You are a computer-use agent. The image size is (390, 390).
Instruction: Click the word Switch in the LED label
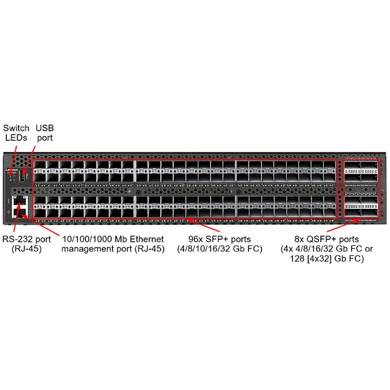coord(16,128)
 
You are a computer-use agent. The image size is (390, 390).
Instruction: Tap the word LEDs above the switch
coord(16,138)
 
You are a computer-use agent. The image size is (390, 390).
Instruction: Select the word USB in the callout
coord(45,128)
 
